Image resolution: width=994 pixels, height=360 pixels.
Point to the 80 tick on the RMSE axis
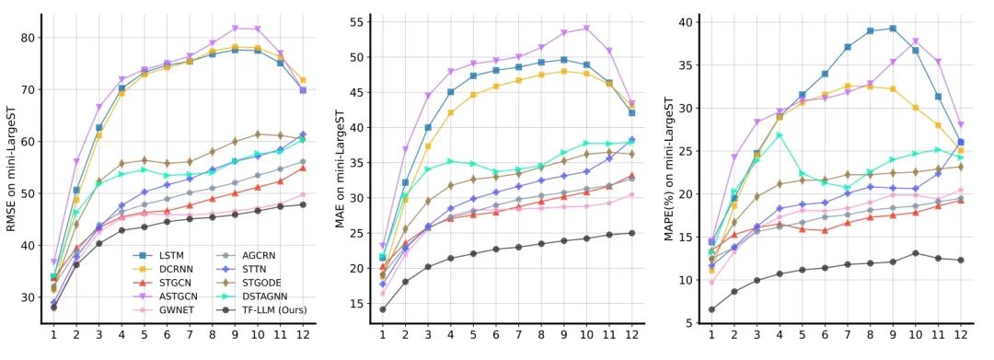[x=29, y=38]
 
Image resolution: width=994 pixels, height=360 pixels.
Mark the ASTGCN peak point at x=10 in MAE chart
[x=586, y=28]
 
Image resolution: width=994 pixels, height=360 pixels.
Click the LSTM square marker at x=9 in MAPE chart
[x=891, y=29]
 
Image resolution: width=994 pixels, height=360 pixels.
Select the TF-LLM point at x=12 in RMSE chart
[x=303, y=204]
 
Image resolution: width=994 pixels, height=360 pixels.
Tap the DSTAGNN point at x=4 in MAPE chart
[x=779, y=135]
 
